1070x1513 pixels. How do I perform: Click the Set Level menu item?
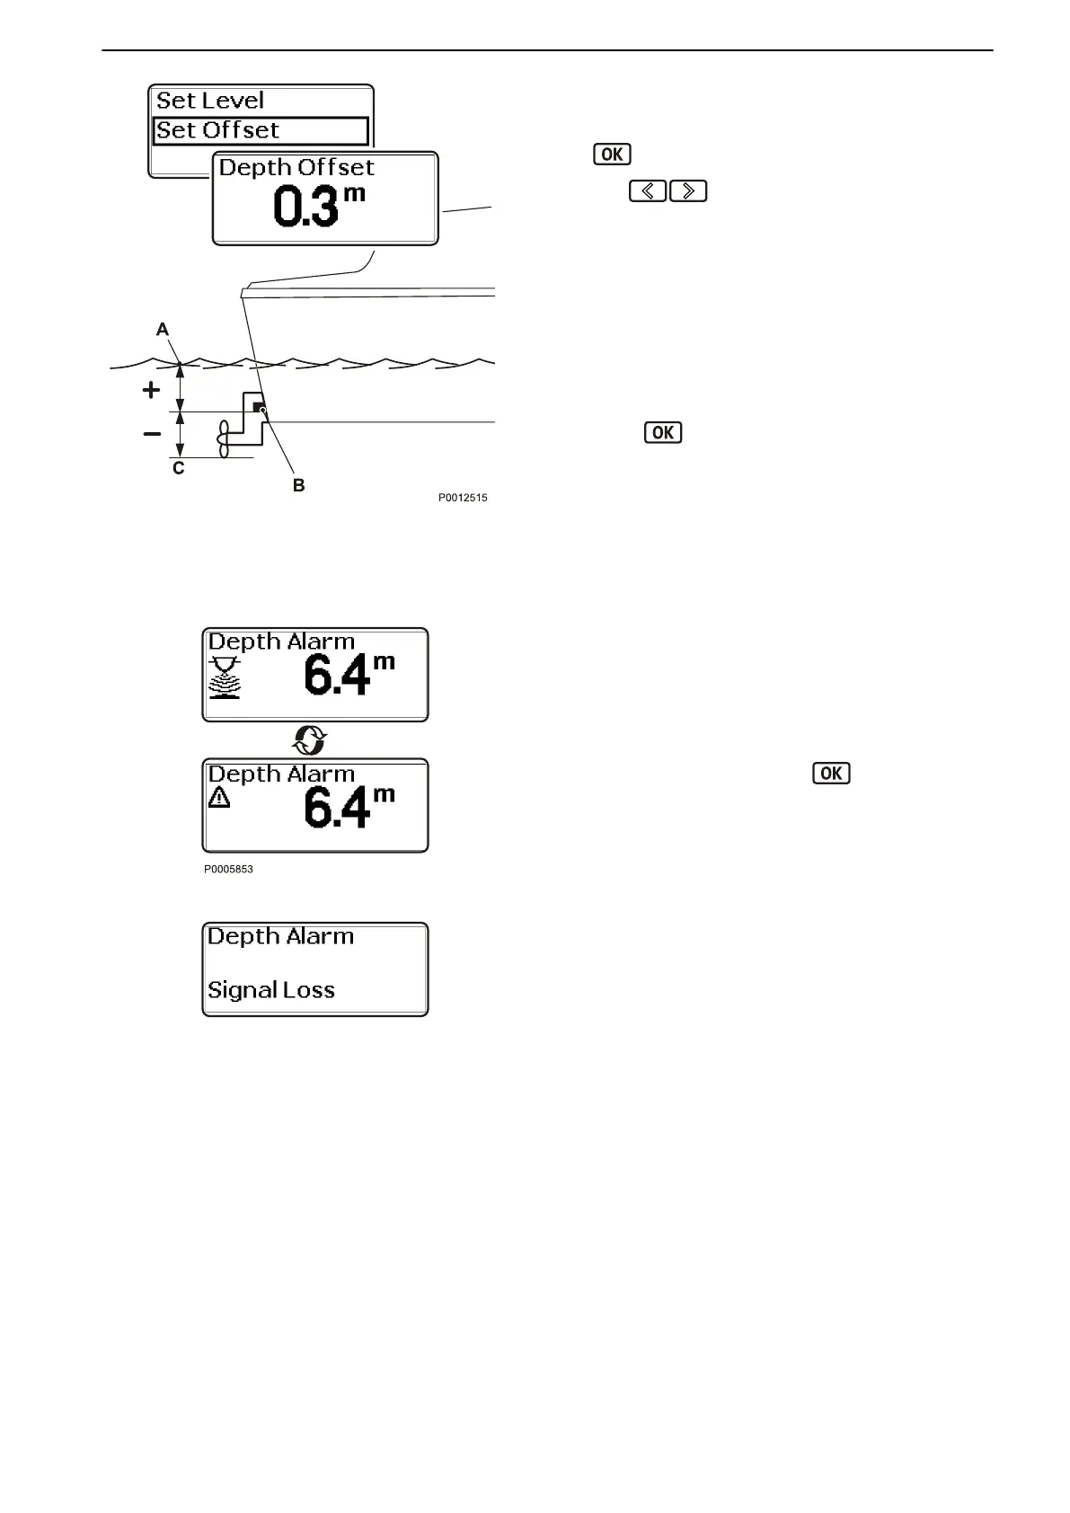[210, 101]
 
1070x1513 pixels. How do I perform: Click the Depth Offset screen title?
[296, 168]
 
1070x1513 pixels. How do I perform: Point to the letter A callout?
[163, 330]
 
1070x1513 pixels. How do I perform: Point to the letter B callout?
[299, 485]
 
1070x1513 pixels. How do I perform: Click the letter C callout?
[179, 468]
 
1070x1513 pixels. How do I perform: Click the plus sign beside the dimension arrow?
[152, 391]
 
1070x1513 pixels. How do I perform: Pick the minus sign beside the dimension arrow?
[152, 434]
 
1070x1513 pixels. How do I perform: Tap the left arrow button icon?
[647, 191]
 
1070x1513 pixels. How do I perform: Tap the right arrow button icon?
[688, 191]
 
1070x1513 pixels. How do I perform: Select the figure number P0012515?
[463, 498]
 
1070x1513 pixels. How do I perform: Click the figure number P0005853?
[228, 870]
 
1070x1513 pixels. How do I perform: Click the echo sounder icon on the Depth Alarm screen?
[225, 677]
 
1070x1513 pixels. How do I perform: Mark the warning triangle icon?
[219, 797]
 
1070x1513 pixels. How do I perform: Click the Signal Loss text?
[271, 990]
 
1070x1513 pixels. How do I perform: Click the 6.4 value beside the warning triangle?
[337, 807]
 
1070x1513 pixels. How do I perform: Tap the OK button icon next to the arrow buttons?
[612, 154]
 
